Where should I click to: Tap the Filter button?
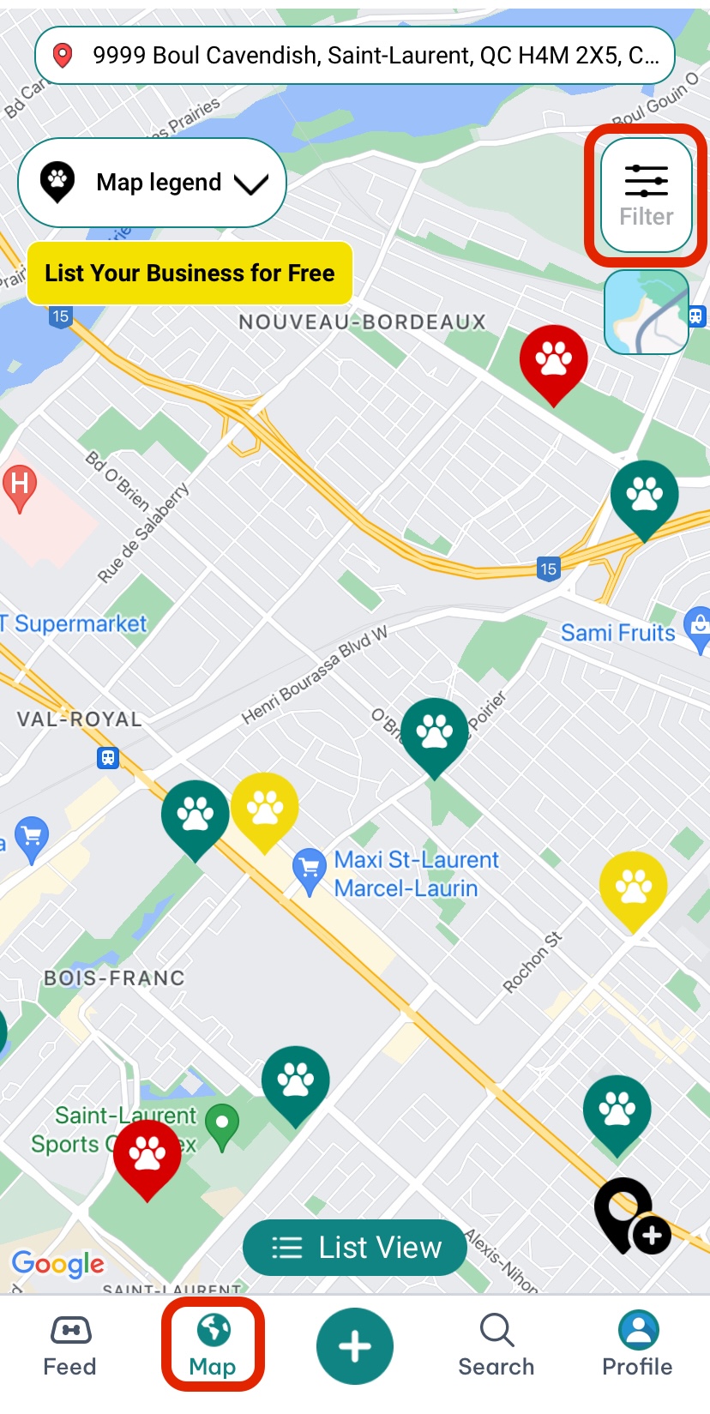click(x=647, y=196)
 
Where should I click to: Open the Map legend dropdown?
click(x=152, y=183)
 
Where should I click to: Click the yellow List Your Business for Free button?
click(x=190, y=274)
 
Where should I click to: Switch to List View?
click(x=355, y=1248)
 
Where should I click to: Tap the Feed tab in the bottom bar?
click(x=69, y=1345)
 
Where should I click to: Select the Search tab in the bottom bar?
click(x=496, y=1345)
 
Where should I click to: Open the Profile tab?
click(x=637, y=1345)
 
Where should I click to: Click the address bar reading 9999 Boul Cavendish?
click(x=355, y=56)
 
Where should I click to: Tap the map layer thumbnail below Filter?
click(x=647, y=312)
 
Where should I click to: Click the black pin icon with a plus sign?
click(x=631, y=1216)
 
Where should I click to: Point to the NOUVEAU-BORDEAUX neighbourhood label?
click(x=362, y=322)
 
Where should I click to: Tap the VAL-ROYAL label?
click(x=79, y=719)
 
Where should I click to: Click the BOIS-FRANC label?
click(x=114, y=978)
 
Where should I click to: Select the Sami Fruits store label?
click(x=617, y=633)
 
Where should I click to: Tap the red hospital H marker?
click(x=20, y=486)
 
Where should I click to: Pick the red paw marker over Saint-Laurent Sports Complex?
click(x=147, y=1154)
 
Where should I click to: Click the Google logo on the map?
click(x=57, y=1263)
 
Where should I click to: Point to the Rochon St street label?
click(x=532, y=963)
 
